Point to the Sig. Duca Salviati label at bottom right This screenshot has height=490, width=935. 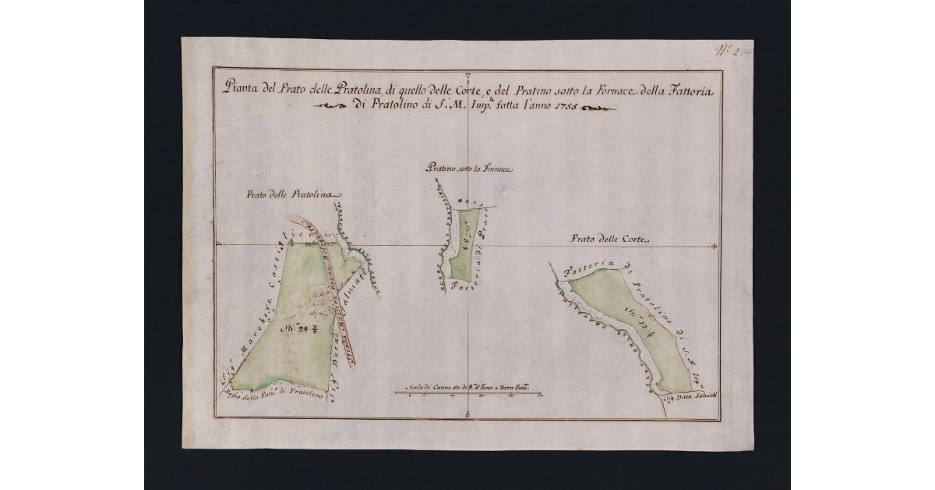(x=684, y=397)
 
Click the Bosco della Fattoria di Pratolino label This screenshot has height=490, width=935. (x=273, y=396)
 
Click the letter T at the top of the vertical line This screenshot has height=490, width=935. (x=467, y=76)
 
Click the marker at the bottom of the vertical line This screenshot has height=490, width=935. (x=466, y=414)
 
